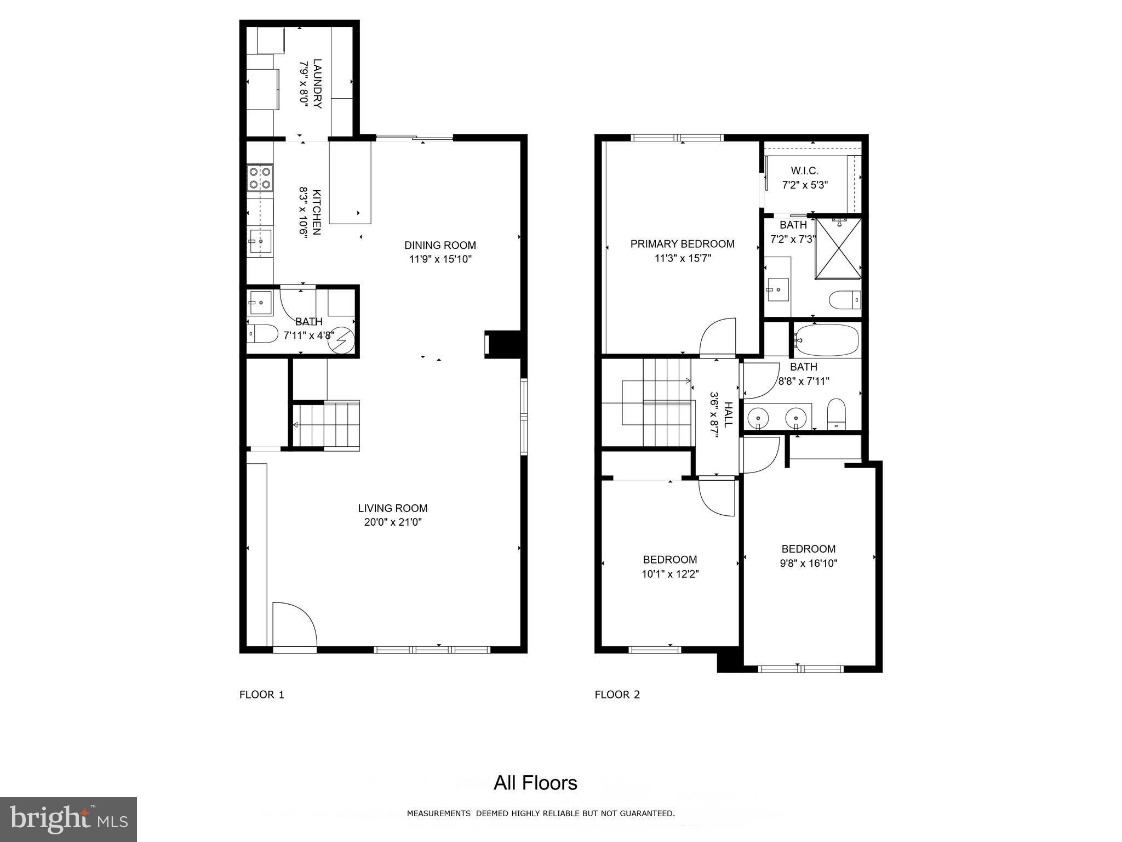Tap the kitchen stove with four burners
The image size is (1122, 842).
pyautogui.click(x=260, y=178)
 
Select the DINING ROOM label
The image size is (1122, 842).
pyautogui.click(x=440, y=245)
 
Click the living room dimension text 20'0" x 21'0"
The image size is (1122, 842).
pyautogui.click(x=393, y=522)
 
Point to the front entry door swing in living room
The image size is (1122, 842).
pyautogui.click(x=294, y=625)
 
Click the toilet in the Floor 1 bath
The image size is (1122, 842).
pyautogui.click(x=262, y=333)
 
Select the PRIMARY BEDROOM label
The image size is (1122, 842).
pyautogui.click(x=682, y=244)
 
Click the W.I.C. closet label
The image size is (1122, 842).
pyautogui.click(x=804, y=171)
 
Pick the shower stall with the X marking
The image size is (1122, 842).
pyautogui.click(x=838, y=248)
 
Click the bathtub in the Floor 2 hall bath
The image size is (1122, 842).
pyautogui.click(x=826, y=340)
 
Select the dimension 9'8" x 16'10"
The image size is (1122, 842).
pyautogui.click(x=809, y=563)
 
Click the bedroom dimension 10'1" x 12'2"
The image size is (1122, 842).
pyautogui.click(x=670, y=574)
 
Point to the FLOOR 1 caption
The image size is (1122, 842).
pyautogui.click(x=262, y=695)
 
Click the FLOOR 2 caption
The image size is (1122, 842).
pyautogui.click(x=617, y=695)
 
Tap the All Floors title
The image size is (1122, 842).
pyautogui.click(x=535, y=783)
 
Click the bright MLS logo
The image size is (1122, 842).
pyautogui.click(x=68, y=819)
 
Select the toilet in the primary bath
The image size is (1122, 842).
pyautogui.click(x=844, y=300)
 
